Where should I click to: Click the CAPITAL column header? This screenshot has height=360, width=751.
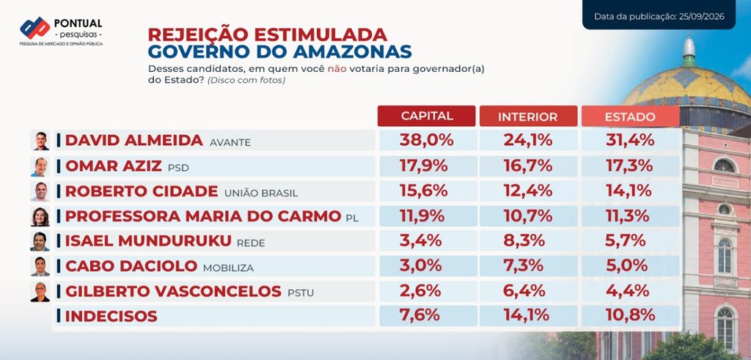pos(426,116)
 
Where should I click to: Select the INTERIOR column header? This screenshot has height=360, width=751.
pos(528,117)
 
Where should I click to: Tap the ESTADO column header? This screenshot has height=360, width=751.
pos(630,117)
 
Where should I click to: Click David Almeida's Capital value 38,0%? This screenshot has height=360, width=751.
pos(426,140)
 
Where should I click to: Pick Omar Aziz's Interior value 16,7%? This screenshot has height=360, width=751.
pos(528,166)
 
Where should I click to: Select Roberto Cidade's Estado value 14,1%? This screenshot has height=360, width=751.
pos(630,191)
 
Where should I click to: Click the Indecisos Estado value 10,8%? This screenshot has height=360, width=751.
pos(630,315)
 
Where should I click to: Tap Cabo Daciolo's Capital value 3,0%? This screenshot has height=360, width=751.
pos(420,265)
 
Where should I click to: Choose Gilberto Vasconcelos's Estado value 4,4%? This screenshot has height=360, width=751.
pos(628,290)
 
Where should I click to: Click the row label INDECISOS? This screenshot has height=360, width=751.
pos(111,316)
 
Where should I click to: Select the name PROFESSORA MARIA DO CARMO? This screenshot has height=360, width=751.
pos(203,216)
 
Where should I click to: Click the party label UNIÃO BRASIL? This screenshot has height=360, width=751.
pos(261,194)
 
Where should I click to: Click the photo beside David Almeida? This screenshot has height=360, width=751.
pos(40,141)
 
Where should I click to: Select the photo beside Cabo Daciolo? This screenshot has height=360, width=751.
pos(40,266)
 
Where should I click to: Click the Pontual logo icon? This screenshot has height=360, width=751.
pos(35,28)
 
